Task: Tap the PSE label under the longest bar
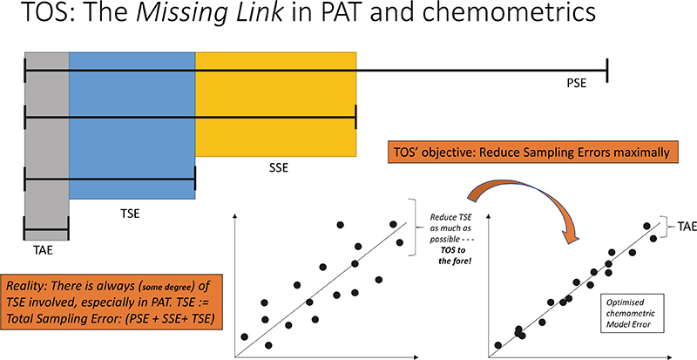(x=576, y=83)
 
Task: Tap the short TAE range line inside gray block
(x=46, y=231)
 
